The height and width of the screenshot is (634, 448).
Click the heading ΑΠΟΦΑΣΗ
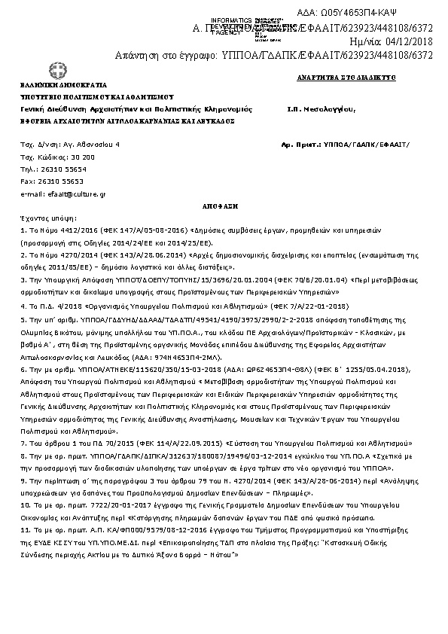point(224,204)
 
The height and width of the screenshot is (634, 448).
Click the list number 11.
point(24,529)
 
